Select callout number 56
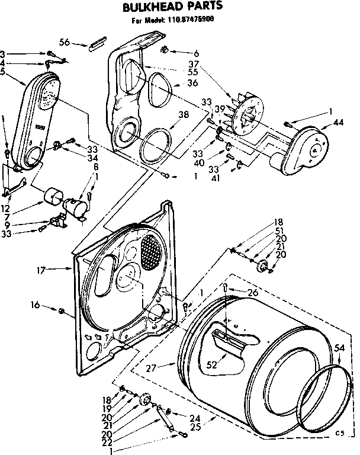point(64,41)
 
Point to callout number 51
point(279,232)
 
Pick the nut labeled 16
point(62,310)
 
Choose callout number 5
point(5,73)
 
